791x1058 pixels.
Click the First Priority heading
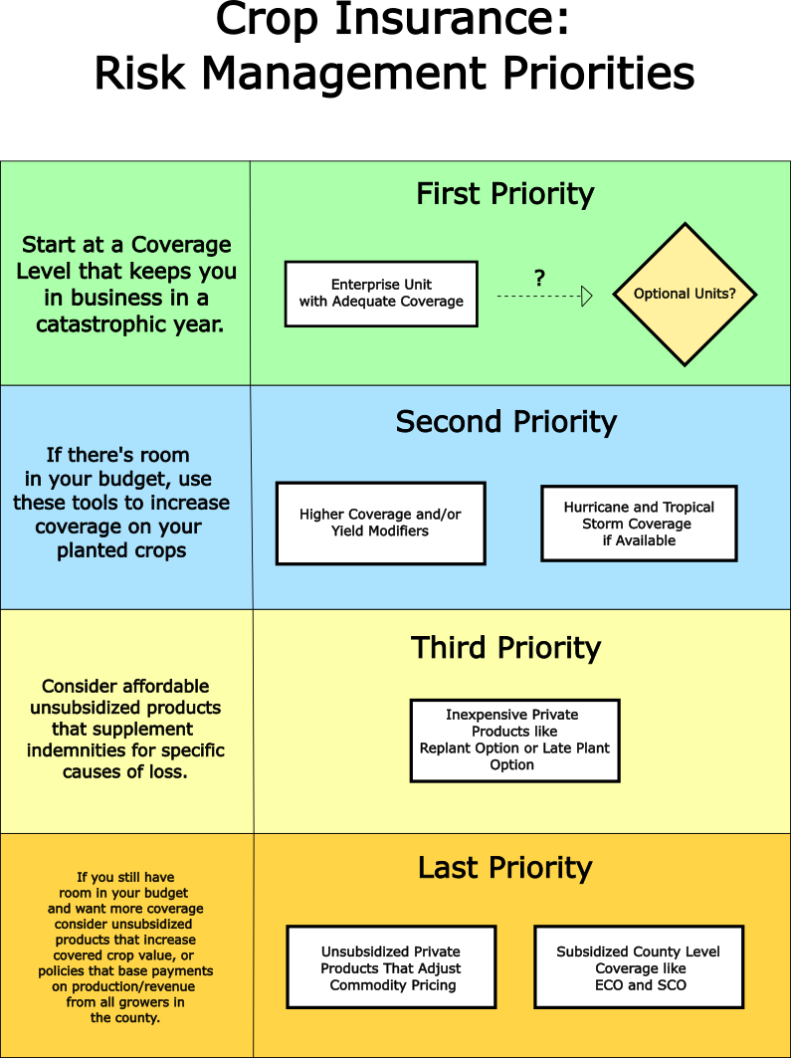pos(504,194)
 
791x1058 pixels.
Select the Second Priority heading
pos(505,422)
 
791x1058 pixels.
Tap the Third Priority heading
pos(505,648)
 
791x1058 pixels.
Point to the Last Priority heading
pos(504,868)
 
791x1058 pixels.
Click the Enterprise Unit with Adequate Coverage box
pos(381,294)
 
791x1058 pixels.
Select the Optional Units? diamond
pos(685,295)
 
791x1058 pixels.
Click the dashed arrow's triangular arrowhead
pos(587,296)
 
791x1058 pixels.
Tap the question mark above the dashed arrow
pos(539,278)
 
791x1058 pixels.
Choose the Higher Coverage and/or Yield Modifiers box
pos(380,524)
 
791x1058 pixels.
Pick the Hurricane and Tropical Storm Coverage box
pos(639,524)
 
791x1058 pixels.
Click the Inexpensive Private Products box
pos(514,740)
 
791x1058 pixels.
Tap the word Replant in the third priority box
pos(449,748)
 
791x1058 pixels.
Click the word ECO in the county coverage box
pos(611,985)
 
